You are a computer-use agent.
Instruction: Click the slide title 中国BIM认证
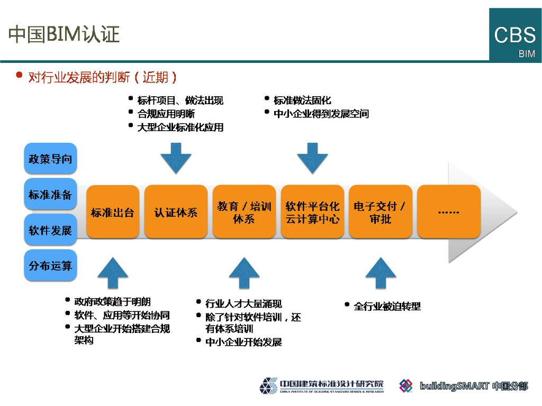tap(64, 34)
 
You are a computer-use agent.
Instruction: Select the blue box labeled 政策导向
tap(50, 158)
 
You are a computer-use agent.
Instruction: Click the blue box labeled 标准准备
tap(50, 194)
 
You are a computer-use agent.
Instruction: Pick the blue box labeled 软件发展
tap(50, 230)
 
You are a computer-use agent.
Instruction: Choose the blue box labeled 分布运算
tap(50, 265)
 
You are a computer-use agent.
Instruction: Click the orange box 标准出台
tap(112, 212)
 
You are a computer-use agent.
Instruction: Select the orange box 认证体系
tap(176, 212)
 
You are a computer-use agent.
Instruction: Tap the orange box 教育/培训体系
tap(244, 212)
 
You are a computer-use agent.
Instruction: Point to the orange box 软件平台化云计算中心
tap(312, 212)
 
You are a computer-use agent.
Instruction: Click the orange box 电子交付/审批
tap(380, 212)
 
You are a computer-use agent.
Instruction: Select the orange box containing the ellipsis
tap(449, 212)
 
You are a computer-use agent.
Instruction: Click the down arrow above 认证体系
tap(176, 158)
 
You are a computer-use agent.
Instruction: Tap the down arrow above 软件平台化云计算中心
tap(312, 158)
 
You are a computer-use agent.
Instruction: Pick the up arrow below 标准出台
tap(113, 273)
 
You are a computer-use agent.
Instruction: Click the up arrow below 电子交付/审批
tap(381, 273)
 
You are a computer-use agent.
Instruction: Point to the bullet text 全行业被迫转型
tap(387, 306)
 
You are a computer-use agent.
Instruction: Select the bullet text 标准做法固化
tap(302, 100)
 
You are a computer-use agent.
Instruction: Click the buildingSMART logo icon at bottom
tap(406, 386)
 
